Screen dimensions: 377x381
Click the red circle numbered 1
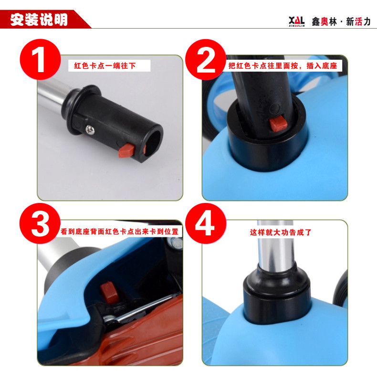click(x=40, y=59)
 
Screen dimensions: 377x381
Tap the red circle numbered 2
click(x=206, y=60)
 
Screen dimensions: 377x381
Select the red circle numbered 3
click(x=40, y=223)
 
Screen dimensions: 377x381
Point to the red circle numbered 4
click(x=206, y=223)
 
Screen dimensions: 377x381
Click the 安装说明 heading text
click(x=39, y=20)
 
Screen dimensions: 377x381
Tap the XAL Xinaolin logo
click(x=297, y=21)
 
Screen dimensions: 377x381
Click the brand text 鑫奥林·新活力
click(x=341, y=22)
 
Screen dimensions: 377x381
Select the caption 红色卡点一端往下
click(x=105, y=65)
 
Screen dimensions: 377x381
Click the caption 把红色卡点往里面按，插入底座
click(x=283, y=65)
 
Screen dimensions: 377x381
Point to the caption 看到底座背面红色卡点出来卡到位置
click(x=119, y=231)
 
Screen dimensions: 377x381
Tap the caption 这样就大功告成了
click(x=281, y=233)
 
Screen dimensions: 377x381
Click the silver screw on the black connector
click(x=90, y=129)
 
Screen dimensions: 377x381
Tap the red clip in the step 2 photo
click(x=278, y=124)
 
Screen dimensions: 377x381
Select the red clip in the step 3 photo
click(x=109, y=293)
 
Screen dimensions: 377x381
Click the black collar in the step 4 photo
click(x=277, y=295)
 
